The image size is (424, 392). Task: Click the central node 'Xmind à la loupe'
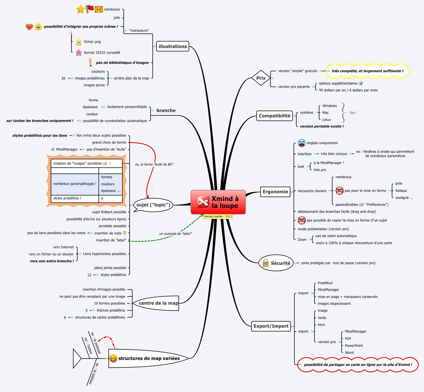point(218,202)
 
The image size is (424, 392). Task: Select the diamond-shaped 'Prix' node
point(261,78)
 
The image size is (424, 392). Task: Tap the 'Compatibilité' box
point(274,116)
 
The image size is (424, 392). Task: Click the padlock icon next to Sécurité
point(265,263)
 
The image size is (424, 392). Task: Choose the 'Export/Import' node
point(271,326)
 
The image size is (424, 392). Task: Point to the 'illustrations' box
point(173,46)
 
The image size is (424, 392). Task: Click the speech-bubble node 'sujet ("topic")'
point(153,205)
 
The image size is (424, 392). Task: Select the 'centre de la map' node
point(158,303)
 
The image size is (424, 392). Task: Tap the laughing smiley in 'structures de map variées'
point(113,358)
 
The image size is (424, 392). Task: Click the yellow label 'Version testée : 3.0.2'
point(218,216)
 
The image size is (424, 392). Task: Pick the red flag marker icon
point(90,9)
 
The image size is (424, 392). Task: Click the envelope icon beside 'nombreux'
point(99,9)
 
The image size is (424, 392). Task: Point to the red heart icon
point(29,27)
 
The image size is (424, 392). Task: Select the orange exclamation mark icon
point(90,62)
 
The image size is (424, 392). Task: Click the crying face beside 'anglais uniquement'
point(302,143)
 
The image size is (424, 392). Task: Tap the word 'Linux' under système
point(327,120)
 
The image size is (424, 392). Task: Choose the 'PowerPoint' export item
point(354,346)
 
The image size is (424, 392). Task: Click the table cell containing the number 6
point(102,198)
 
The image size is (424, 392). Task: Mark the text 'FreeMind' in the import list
point(325,283)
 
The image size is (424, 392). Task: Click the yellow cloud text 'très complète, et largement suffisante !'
point(367,71)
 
